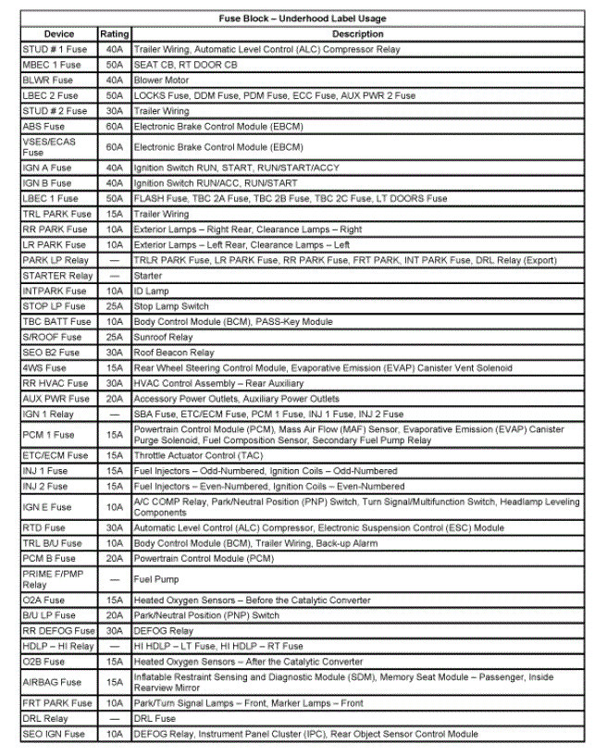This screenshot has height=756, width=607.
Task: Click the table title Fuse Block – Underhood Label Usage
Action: (303, 18)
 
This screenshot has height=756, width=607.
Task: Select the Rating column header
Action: (115, 33)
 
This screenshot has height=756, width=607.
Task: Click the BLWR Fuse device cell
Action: (47, 80)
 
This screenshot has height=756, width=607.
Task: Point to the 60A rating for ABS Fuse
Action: (115, 126)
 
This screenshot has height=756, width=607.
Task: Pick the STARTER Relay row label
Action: (56, 276)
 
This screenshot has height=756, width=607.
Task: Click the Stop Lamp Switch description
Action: (171, 306)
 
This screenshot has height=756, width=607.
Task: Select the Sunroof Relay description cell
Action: (164, 338)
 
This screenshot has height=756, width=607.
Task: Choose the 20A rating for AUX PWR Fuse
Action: (115, 399)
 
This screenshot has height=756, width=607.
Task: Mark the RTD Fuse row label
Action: (43, 527)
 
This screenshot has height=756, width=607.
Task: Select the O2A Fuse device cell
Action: (43, 601)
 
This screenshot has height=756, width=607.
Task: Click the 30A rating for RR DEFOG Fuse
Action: (115, 631)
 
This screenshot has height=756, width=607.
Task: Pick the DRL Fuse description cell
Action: (155, 718)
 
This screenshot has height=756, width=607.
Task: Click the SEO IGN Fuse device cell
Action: (53, 734)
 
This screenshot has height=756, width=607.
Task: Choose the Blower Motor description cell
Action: (162, 80)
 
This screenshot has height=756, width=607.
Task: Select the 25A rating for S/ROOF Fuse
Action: (115, 338)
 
